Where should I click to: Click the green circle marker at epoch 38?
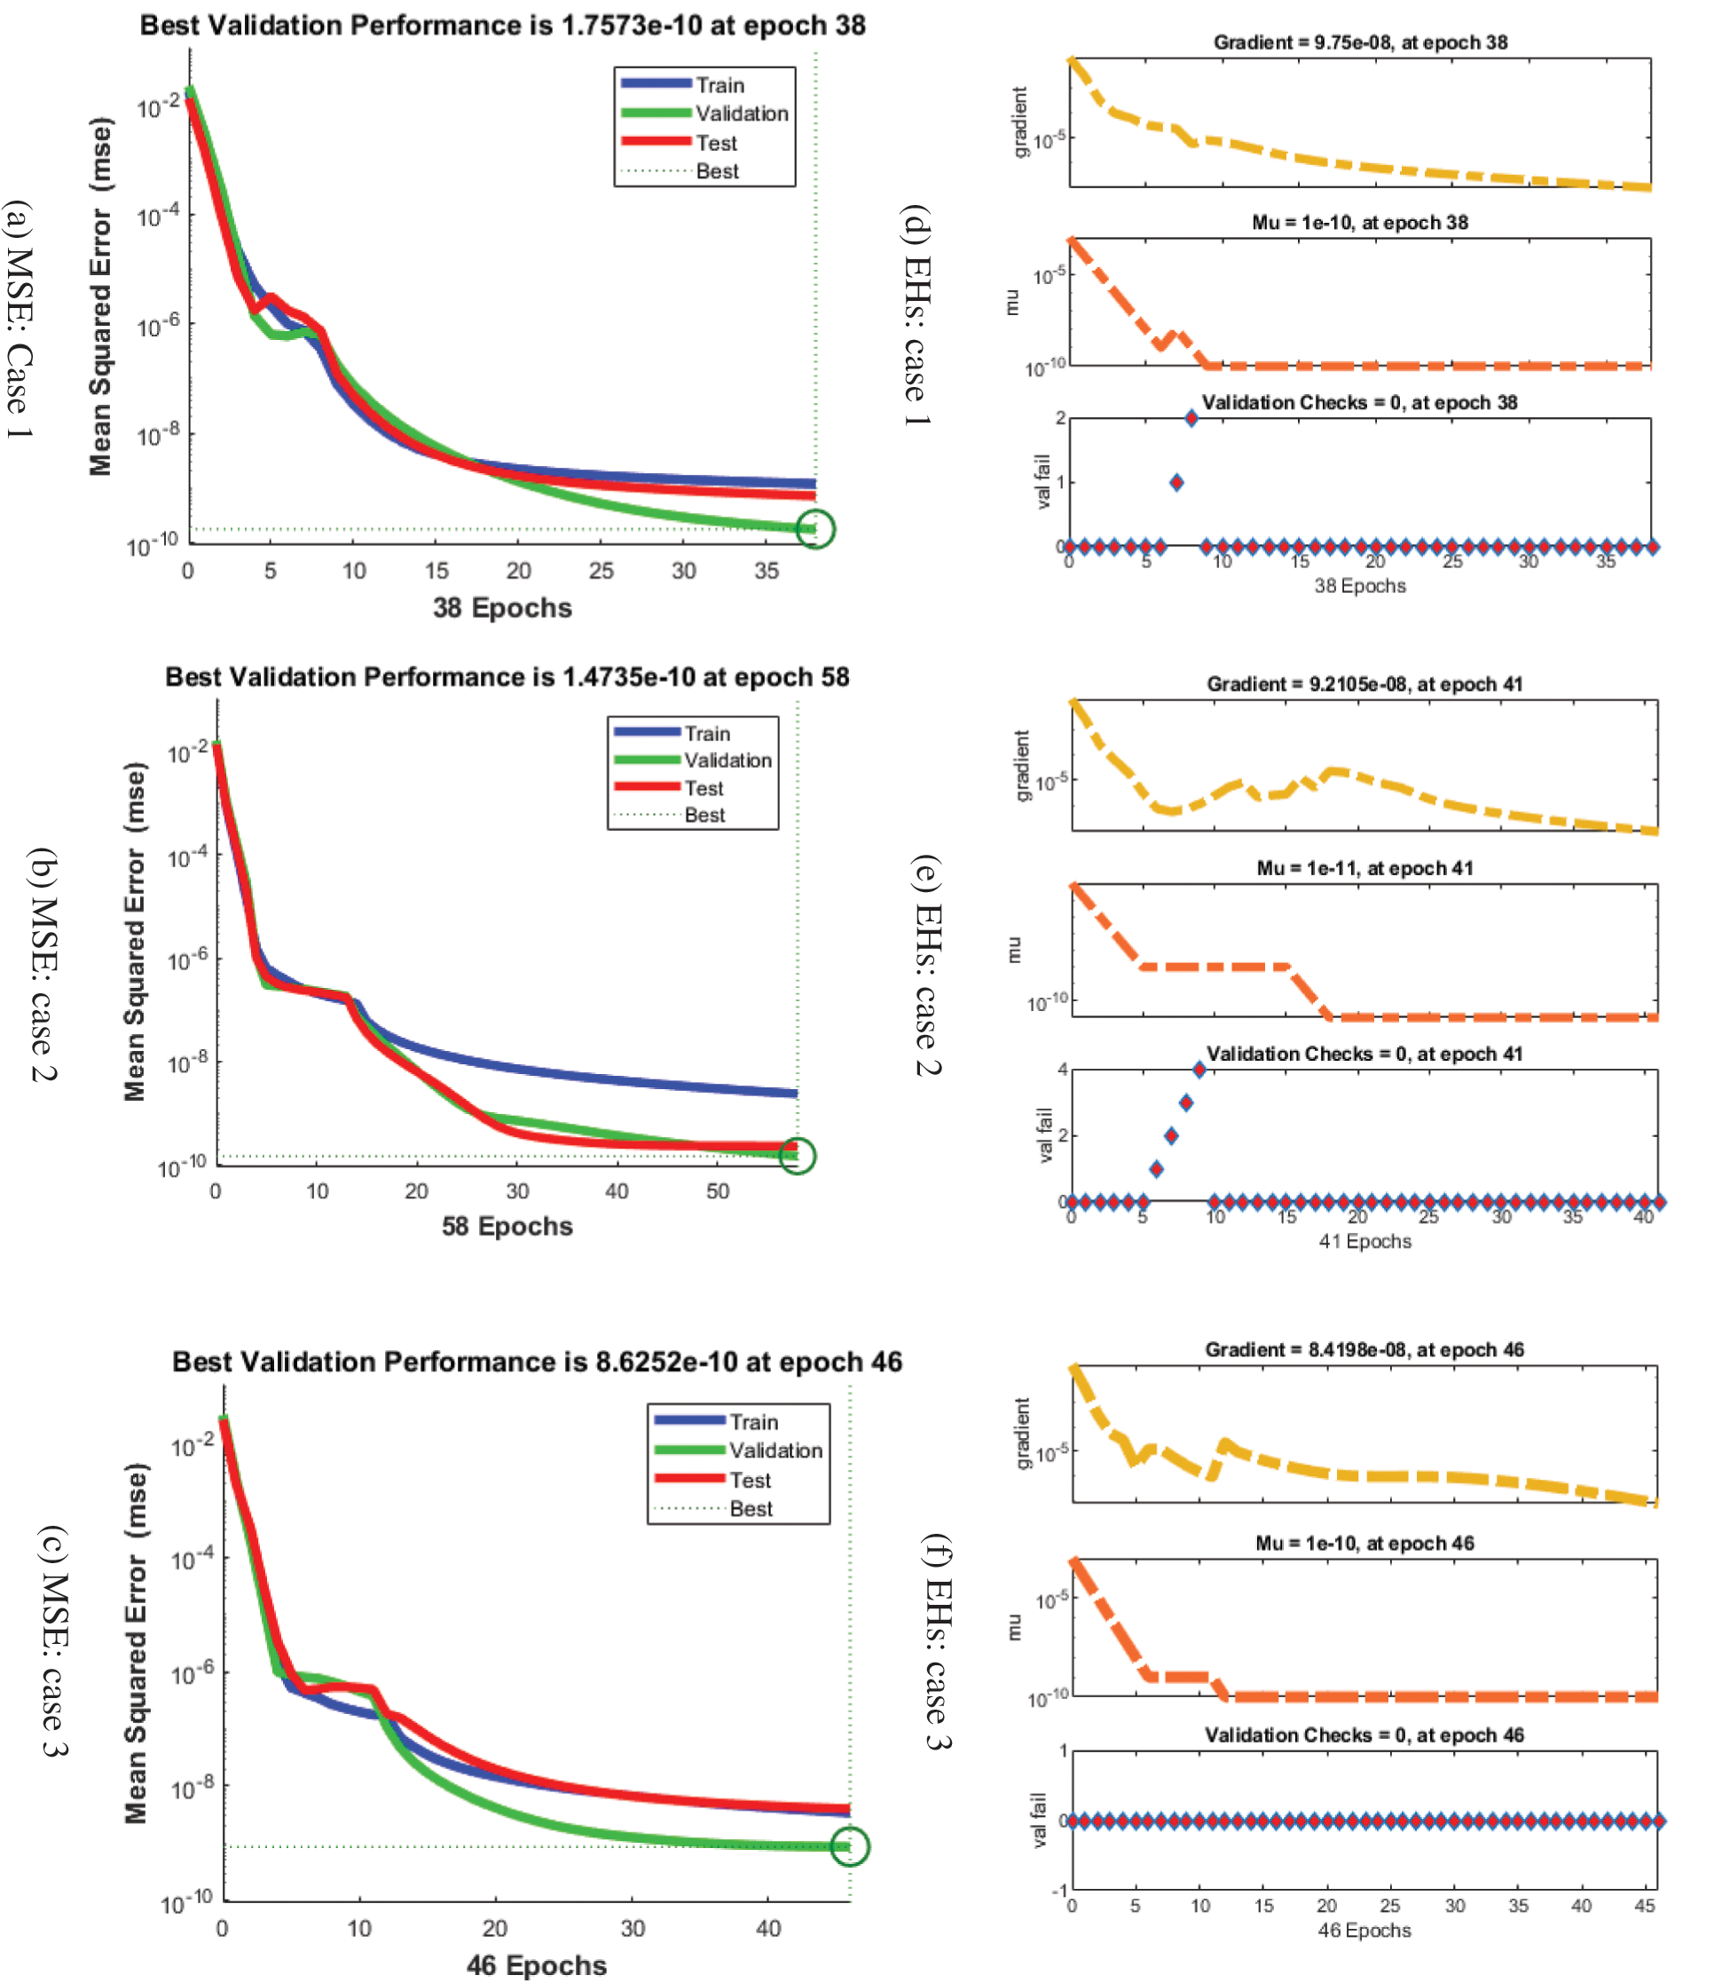tap(816, 529)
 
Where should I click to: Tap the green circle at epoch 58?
tap(798, 1155)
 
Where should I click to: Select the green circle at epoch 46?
tap(850, 1847)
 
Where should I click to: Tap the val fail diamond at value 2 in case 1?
tap(1191, 418)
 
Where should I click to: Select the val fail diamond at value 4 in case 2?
tap(1199, 1070)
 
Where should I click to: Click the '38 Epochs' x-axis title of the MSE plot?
tap(502, 607)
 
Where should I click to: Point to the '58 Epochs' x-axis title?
tap(507, 1226)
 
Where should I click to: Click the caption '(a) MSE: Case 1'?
tap(20, 319)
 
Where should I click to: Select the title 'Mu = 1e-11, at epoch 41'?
tap(1364, 867)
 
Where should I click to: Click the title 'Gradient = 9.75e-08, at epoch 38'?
tap(1359, 43)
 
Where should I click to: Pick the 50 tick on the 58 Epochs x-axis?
tap(718, 1191)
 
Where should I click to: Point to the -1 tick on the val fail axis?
tap(1061, 1891)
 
